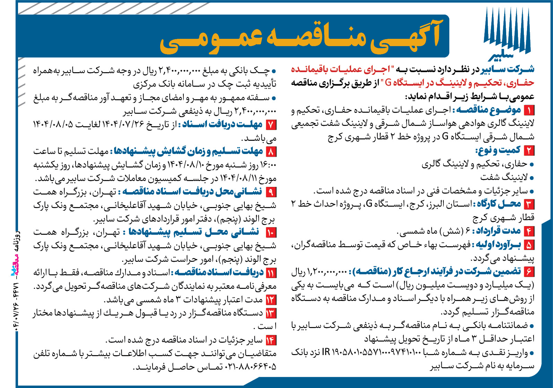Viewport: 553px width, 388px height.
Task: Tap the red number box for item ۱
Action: point(529,111)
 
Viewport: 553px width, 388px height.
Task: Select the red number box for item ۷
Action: point(271,124)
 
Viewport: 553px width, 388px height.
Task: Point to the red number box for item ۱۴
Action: point(270,340)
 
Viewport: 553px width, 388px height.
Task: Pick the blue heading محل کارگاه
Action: point(499,204)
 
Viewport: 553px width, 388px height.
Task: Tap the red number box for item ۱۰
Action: point(270,232)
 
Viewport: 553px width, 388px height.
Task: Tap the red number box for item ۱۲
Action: point(270,300)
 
